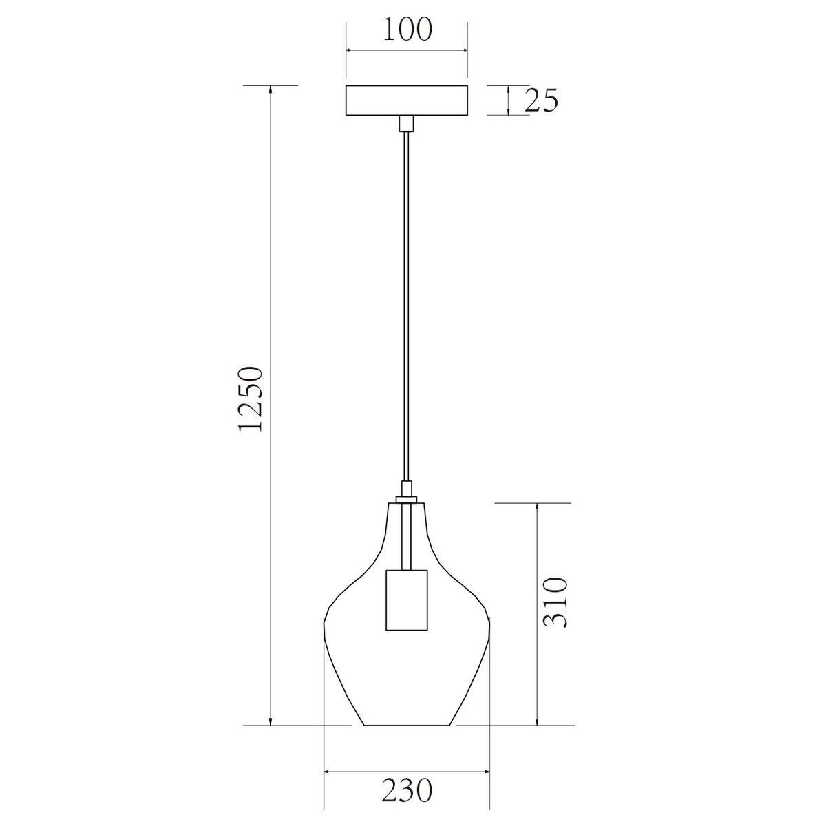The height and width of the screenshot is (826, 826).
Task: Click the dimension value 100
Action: (x=407, y=30)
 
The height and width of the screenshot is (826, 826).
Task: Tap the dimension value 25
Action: (x=542, y=100)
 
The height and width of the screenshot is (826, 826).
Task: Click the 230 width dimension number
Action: (x=407, y=765)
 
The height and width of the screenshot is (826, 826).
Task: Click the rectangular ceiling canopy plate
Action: (x=406, y=100)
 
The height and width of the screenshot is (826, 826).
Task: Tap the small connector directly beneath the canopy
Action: (x=406, y=123)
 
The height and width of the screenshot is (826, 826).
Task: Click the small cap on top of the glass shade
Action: (x=406, y=499)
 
